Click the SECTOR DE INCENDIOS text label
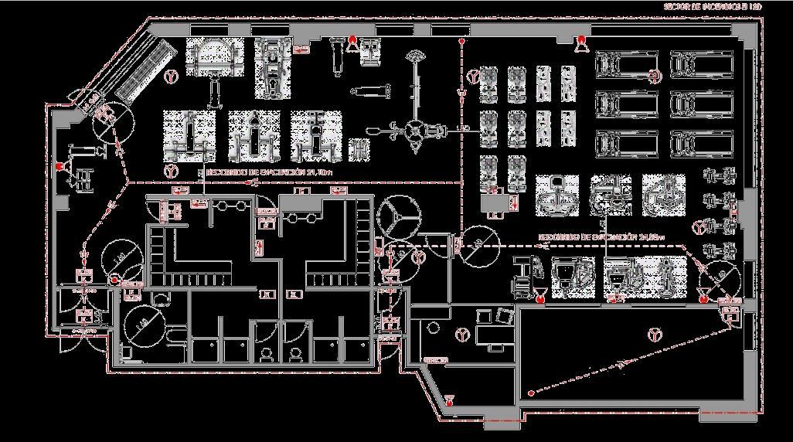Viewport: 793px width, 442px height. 713,6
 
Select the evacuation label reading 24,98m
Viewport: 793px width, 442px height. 590,235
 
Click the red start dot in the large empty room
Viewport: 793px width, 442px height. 531,393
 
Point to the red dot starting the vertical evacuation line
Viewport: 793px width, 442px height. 461,40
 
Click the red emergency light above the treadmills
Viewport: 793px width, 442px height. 580,41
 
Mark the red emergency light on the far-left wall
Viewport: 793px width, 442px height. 59,167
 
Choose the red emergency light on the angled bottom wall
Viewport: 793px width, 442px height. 449,399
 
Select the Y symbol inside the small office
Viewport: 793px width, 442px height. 462,335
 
